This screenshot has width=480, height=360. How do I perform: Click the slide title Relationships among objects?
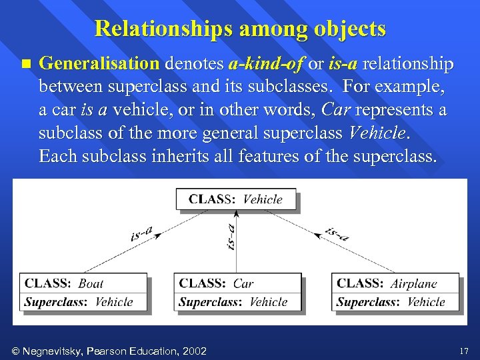coord(240,29)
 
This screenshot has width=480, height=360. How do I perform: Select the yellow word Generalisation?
coord(99,64)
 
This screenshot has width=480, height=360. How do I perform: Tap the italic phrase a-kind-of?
coord(265,64)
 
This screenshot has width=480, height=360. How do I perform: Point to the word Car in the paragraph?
coord(336,110)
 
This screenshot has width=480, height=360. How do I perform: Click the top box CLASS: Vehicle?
coord(236,199)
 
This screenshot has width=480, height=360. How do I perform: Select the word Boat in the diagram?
coord(91,283)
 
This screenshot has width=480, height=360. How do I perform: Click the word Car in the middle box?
coord(243,283)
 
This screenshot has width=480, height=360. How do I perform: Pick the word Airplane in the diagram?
coord(413,283)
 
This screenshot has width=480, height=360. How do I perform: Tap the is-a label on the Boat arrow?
coord(141,233)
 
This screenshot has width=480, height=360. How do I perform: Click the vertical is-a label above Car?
coord(231,237)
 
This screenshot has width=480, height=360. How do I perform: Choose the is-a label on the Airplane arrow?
coord(337,233)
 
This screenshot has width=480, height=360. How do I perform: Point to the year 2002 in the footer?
coord(193,351)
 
